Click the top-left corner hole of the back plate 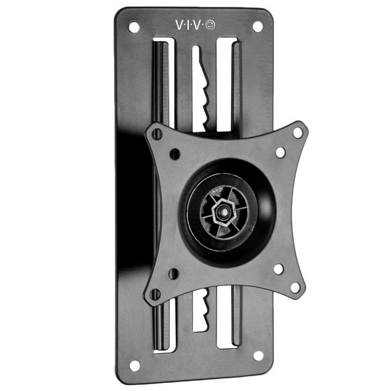tap(133, 28)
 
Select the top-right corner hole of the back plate tap(257, 27)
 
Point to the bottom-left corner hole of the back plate tap(135, 365)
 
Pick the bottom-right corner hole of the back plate tap(258, 355)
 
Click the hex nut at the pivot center tap(219, 210)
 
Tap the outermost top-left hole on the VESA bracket tap(157, 134)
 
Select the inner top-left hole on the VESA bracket tap(175, 154)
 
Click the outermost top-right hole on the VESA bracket tap(297, 133)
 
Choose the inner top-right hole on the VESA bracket tap(280, 152)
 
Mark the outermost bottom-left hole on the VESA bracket tap(156, 294)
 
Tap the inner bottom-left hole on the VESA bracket tap(174, 274)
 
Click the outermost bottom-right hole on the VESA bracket tap(295, 287)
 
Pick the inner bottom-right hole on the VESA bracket tap(278, 269)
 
